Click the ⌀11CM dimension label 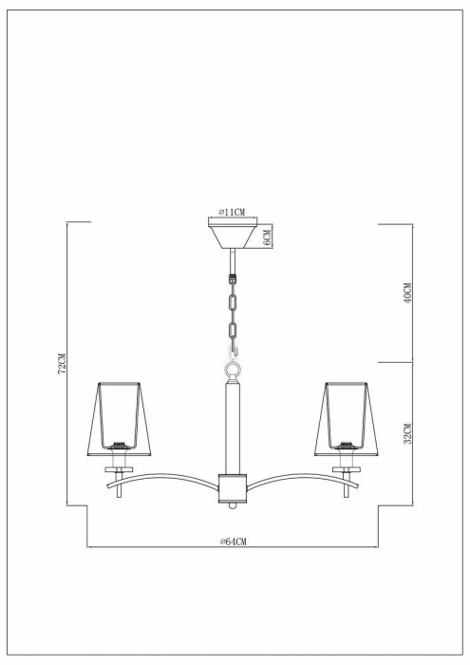click(234, 212)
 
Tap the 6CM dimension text click(269, 237)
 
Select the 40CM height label click(407, 293)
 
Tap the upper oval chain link click(234, 303)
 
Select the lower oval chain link click(234, 333)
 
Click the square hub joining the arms click(234, 485)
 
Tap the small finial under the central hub click(234, 505)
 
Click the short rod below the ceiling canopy click(234, 259)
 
